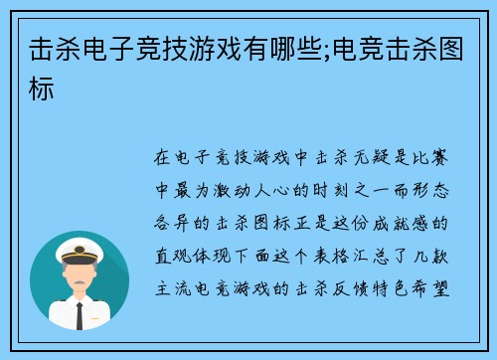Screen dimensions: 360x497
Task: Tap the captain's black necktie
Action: pyautogui.click(x=80, y=315)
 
